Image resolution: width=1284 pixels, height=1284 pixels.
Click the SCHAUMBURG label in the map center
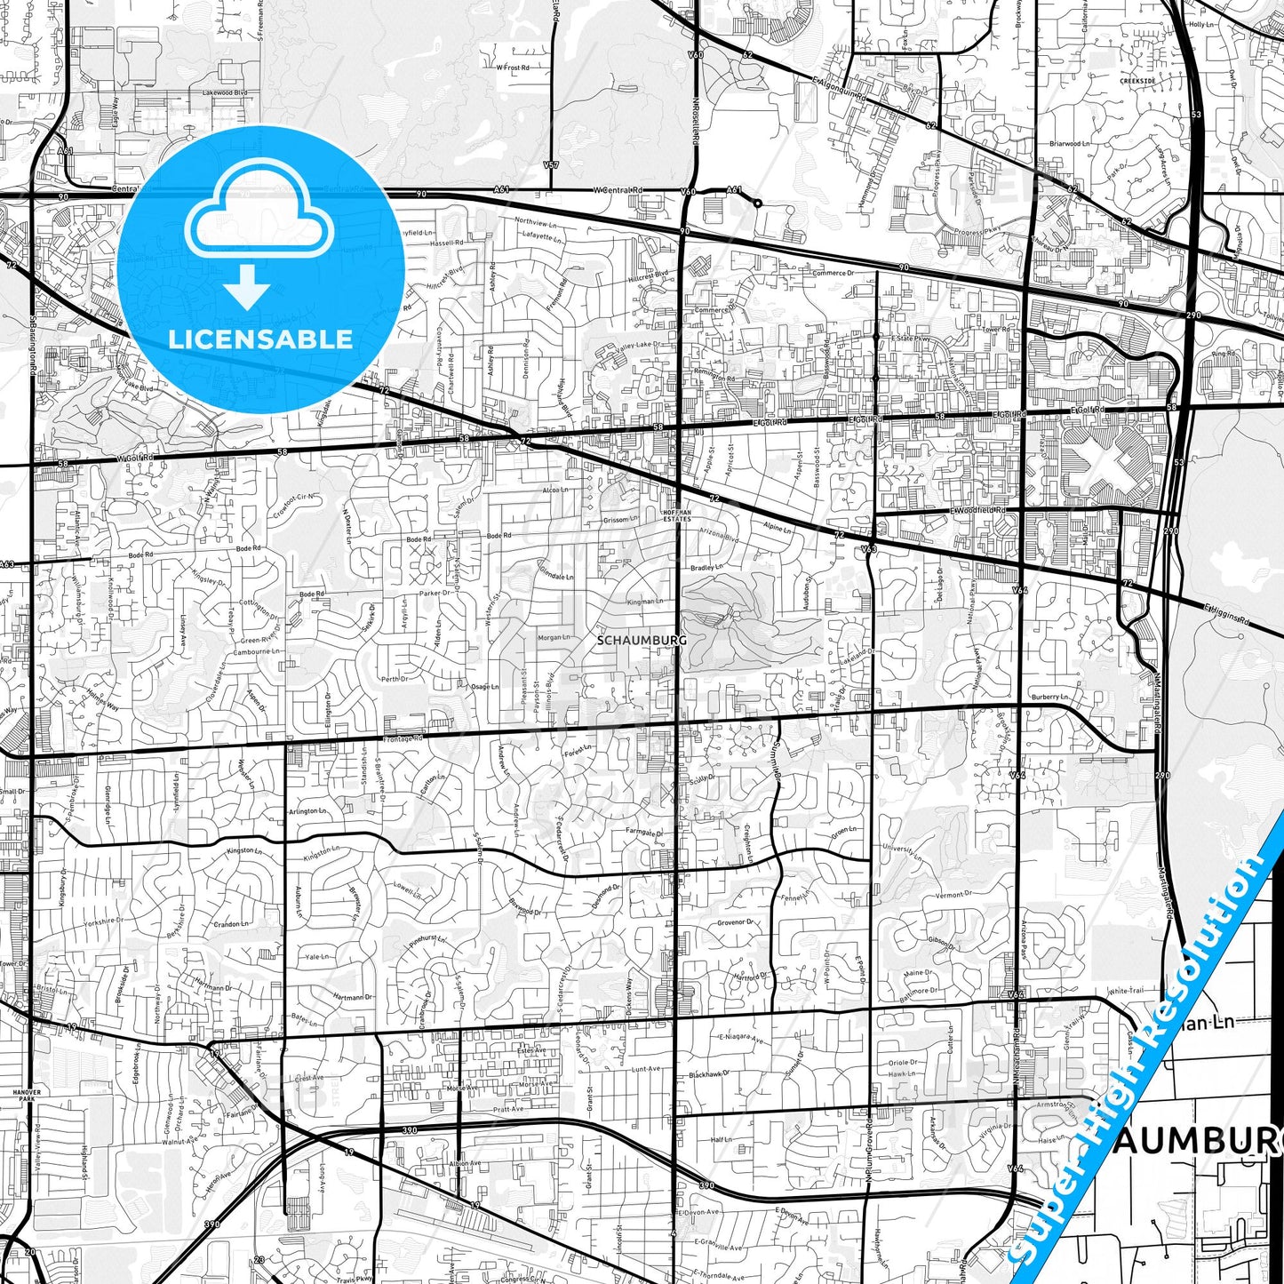point(629,640)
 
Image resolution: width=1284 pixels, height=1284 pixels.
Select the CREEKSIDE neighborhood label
point(1137,81)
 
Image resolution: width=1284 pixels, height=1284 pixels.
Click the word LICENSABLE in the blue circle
point(260,339)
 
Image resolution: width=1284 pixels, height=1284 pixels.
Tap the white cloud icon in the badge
point(259,216)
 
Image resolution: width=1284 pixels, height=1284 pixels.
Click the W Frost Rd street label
point(513,68)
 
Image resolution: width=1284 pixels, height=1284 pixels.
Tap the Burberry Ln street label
point(1049,698)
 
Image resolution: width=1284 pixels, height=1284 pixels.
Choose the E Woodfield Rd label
point(977,511)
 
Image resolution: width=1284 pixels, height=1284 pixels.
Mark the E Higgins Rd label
point(1226,614)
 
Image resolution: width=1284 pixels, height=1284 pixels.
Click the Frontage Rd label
point(404,738)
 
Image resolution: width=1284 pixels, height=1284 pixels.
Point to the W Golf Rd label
point(135,459)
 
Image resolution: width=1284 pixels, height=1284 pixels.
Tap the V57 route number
point(551,165)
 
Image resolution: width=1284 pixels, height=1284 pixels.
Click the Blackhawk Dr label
point(709,1074)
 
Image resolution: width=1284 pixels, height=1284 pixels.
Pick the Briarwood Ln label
point(1065,143)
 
